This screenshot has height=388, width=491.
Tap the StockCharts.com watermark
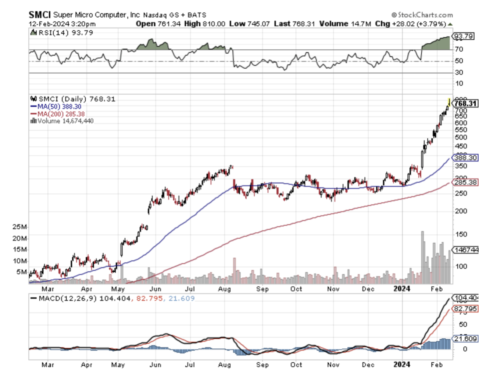click(422, 15)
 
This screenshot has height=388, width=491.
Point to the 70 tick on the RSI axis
click(459, 49)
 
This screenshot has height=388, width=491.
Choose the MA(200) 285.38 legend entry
click(58, 113)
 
